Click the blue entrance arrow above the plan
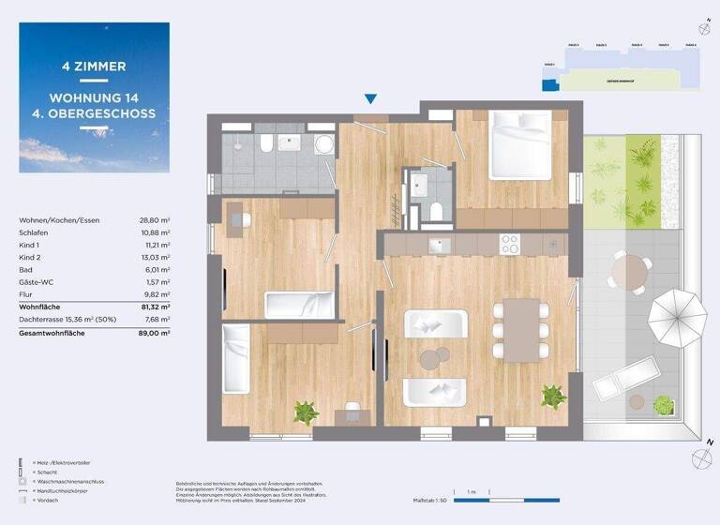pyautogui.click(x=371, y=98)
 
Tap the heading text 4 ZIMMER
pyautogui.click(x=94, y=67)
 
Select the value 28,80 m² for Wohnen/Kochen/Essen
pyautogui.click(x=157, y=219)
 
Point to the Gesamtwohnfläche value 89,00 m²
pyautogui.click(x=157, y=332)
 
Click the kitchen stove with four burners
pyautogui.click(x=510, y=245)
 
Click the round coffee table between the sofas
pyautogui.click(x=433, y=357)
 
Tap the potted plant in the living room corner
pyautogui.click(x=551, y=397)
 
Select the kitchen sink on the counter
pyautogui.click(x=438, y=245)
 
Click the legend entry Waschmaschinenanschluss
pyautogui.click(x=67, y=480)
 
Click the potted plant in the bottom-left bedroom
pyautogui.click(x=305, y=411)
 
